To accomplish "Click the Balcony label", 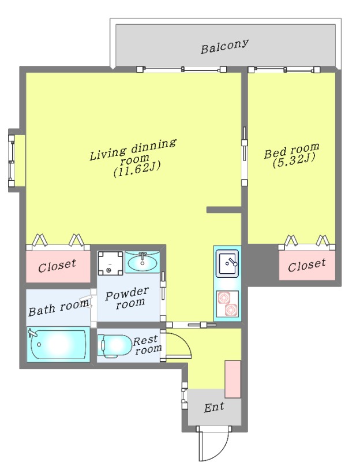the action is [224, 46].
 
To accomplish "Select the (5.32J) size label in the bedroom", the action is [294, 160].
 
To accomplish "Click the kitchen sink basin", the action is [227, 263].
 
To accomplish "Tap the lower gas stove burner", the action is [231, 310].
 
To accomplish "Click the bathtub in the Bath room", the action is [58, 344].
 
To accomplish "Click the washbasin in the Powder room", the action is [142, 262].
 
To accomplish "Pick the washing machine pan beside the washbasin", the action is [110, 263].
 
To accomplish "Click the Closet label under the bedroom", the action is [307, 265].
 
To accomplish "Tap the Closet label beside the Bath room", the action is [57, 266].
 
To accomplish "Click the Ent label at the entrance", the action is [214, 407].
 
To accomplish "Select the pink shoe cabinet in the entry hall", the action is [233, 379].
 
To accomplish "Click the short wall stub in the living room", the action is [224, 210].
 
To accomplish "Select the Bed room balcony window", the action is [284, 70].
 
